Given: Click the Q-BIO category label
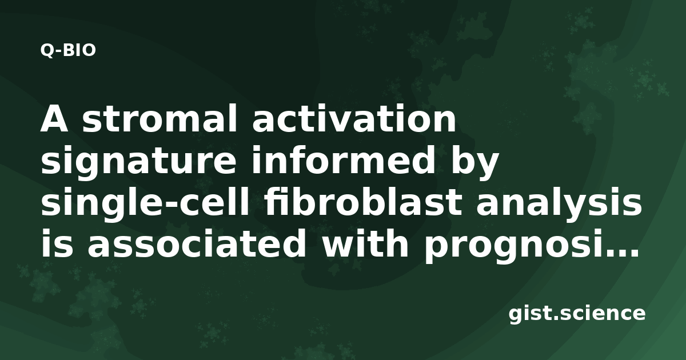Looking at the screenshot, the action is [x=68, y=50].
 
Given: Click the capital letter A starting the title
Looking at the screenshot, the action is [x=54, y=118].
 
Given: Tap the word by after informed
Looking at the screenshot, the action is [x=474, y=162].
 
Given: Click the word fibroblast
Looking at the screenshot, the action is [x=364, y=201].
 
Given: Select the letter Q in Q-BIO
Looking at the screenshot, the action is [x=47, y=50].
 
